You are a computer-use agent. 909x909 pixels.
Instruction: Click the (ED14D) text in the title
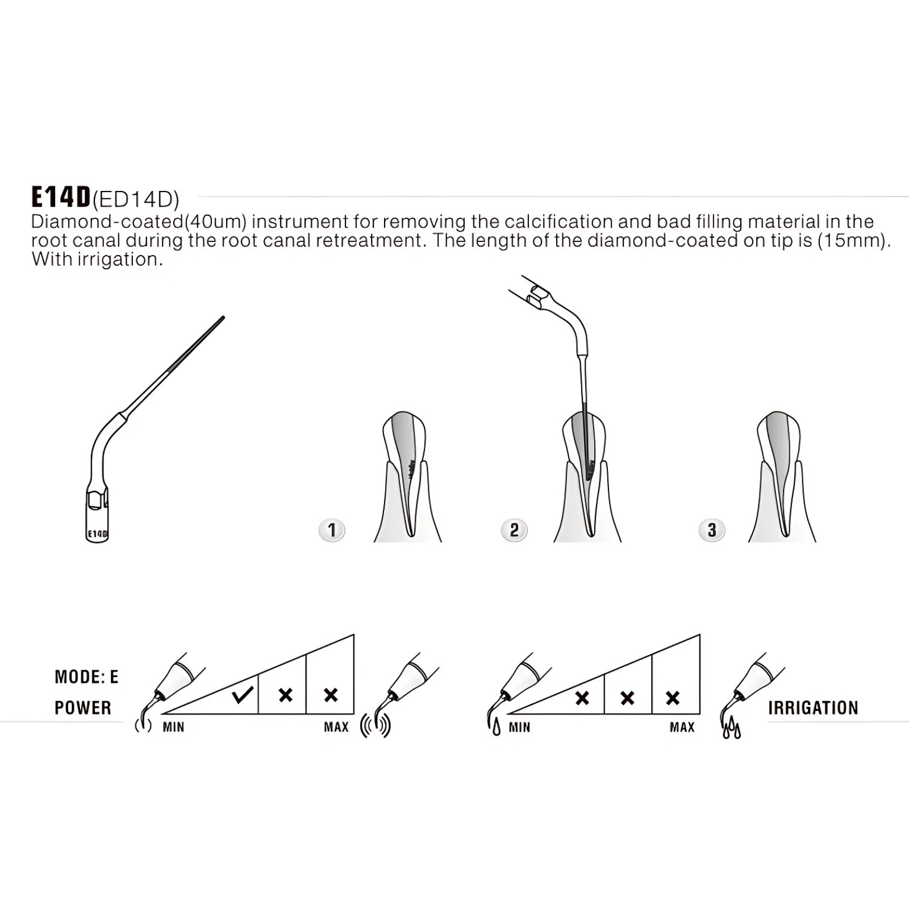coord(136,199)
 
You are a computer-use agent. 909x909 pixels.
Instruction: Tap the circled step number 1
coord(332,530)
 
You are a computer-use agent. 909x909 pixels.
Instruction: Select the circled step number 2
coord(514,530)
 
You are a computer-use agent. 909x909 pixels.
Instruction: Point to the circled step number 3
coord(712,530)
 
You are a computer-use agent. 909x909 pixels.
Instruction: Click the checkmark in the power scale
coord(243,694)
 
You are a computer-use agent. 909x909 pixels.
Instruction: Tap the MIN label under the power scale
coord(173,727)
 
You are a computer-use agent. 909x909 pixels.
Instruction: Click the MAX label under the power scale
coord(336,727)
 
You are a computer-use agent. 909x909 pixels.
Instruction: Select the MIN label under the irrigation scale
coord(519,727)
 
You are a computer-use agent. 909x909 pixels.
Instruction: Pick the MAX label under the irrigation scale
coord(682,727)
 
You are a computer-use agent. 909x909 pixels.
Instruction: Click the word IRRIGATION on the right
coord(813,708)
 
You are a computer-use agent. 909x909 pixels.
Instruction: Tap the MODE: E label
coord(86,677)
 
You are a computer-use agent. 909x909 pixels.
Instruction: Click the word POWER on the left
coord(83,708)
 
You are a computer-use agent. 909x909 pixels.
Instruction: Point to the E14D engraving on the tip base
coord(97,534)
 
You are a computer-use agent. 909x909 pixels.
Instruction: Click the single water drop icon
coord(497,728)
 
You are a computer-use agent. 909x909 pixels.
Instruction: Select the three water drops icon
coord(732,728)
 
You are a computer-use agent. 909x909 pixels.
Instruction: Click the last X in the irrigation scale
coord(673,698)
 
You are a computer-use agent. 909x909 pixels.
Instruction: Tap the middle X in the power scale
coord(286,695)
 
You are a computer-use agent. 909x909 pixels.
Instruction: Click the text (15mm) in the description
coord(854,241)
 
